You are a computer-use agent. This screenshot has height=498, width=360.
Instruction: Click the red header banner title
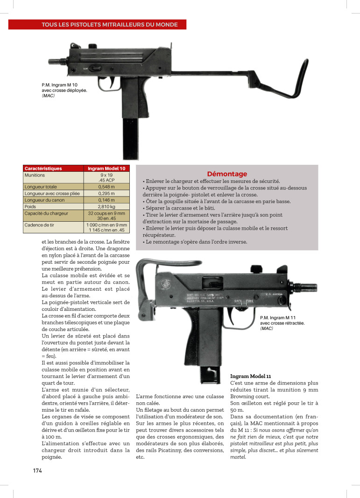pos(97,25)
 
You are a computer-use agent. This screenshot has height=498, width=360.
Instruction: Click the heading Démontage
pos(227,174)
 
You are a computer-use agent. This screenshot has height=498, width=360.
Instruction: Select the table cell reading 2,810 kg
pos(107,206)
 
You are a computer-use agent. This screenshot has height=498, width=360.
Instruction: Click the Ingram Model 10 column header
pos(106,168)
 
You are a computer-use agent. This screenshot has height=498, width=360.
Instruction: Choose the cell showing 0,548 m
pos(107,187)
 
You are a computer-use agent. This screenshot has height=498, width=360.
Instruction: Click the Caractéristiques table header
pos(43,168)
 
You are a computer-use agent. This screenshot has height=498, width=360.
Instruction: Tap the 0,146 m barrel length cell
pos(107,200)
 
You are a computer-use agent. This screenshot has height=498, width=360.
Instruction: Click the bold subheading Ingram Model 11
pos(251,376)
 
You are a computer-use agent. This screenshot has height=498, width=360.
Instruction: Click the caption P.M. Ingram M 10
pos(64,85)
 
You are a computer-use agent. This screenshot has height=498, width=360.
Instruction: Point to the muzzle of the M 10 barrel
pos(50,61)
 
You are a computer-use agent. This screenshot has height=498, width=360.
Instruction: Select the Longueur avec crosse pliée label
pos(49,193)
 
